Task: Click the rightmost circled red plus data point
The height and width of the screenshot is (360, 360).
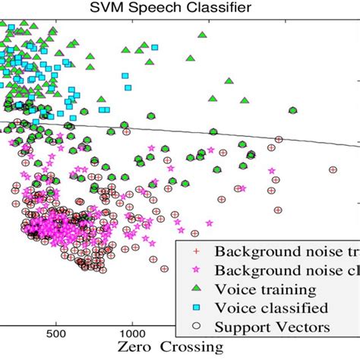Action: click(x=332, y=169)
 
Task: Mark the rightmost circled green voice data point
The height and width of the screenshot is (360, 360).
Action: click(x=292, y=110)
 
